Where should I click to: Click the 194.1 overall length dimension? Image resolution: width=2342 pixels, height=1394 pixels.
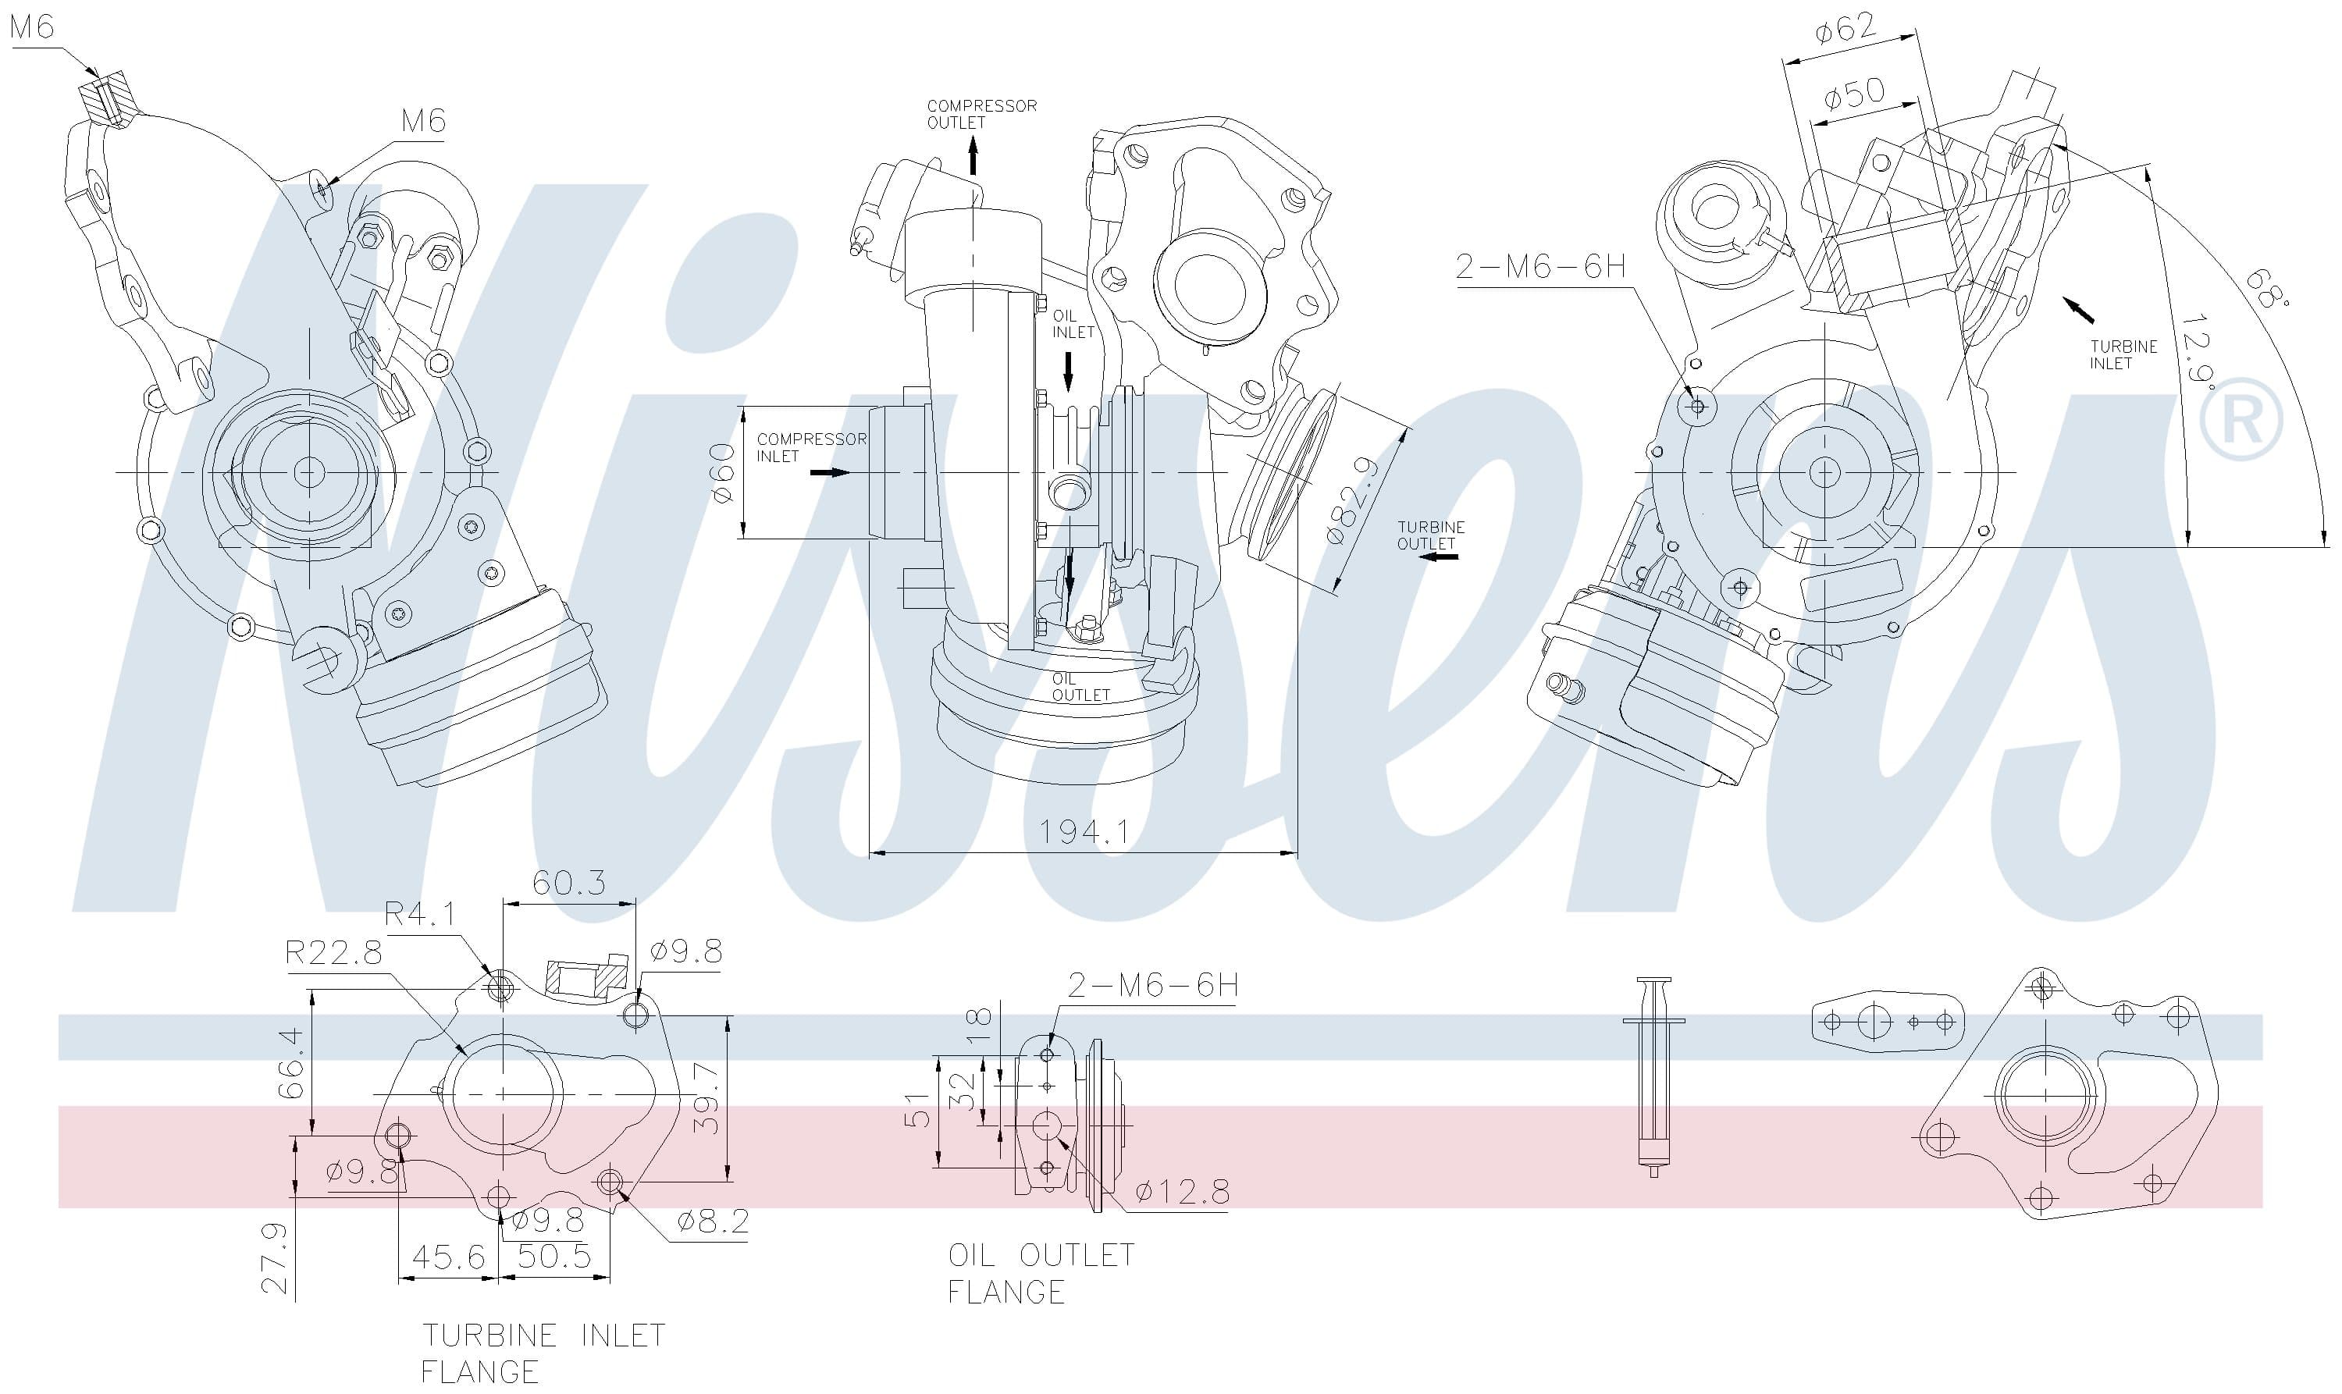click(1083, 830)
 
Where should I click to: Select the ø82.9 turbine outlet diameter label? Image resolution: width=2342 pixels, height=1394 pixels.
click(1354, 500)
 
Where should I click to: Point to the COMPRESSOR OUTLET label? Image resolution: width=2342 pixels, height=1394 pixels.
click(981, 114)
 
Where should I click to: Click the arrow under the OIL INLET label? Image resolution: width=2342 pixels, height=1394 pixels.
click(1068, 370)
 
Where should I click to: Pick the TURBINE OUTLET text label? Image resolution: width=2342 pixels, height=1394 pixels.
click(1430, 535)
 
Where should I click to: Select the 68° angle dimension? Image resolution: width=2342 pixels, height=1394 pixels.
click(2268, 287)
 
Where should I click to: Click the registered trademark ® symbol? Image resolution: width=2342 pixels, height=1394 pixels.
click(2241, 419)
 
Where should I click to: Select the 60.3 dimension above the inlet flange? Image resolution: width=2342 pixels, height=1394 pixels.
click(568, 883)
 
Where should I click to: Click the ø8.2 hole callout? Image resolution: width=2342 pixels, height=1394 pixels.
click(712, 1222)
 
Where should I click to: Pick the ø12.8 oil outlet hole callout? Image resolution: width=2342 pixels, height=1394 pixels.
click(1181, 1191)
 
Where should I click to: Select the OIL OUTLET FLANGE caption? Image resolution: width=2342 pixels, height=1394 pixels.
click(1040, 1273)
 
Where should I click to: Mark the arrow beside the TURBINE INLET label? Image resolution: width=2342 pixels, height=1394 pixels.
click(2079, 309)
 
